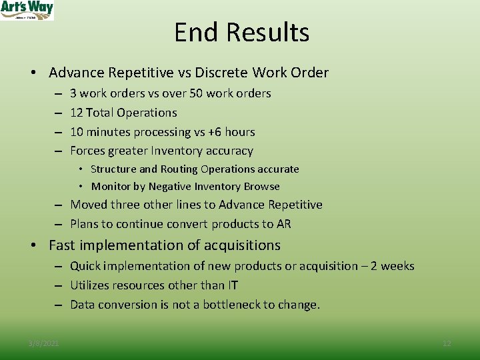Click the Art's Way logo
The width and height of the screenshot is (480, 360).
click(x=27, y=10)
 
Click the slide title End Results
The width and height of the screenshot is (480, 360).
click(x=241, y=32)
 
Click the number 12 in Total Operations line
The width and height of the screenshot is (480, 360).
click(x=77, y=113)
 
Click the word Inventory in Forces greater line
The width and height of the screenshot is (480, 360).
click(x=181, y=151)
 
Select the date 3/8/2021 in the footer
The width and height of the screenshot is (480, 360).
click(x=43, y=343)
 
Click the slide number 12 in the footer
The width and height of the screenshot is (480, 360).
click(x=447, y=343)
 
